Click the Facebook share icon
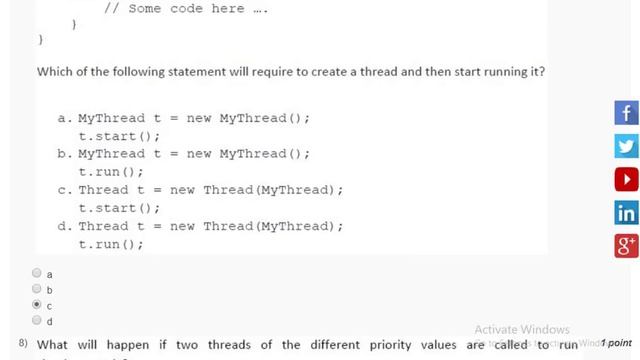pyautogui.click(x=626, y=113)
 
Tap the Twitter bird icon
pyautogui.click(x=626, y=147)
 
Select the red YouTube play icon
pyautogui.click(x=626, y=180)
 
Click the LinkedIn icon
pyautogui.click(x=626, y=213)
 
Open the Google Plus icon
pyautogui.click(x=626, y=246)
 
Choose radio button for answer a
pyautogui.click(x=37, y=273)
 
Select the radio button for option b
pyautogui.click(x=37, y=289)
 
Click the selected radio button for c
pyautogui.click(x=37, y=304)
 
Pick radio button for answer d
pyautogui.click(x=37, y=320)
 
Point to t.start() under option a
pyautogui.click(x=119, y=136)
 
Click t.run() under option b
pyautogui.click(x=111, y=172)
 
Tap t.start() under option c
pyautogui.click(x=119, y=208)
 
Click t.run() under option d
pyautogui.click(x=111, y=244)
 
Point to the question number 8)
pyautogui.click(x=23, y=343)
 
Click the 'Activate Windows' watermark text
pyautogui.click(x=521, y=330)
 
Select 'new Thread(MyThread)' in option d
pyautogui.click(x=256, y=226)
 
